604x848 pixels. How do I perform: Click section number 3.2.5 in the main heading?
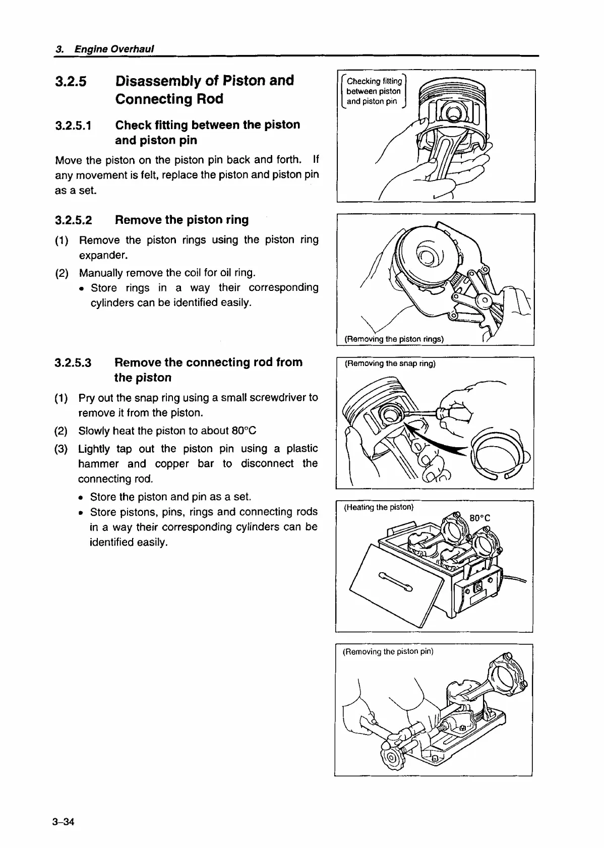click(x=71, y=81)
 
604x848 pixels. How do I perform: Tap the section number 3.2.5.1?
click(x=74, y=126)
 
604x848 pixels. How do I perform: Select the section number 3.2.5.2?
click(x=74, y=220)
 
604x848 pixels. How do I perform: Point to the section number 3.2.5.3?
click(x=74, y=363)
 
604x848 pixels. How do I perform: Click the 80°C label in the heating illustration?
click(x=479, y=518)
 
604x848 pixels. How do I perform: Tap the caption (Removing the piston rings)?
click(x=394, y=339)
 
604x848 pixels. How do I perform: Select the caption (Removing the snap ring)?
click(x=390, y=363)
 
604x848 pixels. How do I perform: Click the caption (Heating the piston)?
click(x=379, y=507)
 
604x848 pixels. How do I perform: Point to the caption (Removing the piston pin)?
click(x=388, y=651)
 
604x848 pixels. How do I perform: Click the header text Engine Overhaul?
click(x=114, y=49)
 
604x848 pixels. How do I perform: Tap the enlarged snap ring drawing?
click(x=497, y=454)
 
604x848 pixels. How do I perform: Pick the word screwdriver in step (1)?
click(x=273, y=398)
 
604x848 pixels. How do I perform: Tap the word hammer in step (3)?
click(x=94, y=464)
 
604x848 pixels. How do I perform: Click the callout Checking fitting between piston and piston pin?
click(x=374, y=91)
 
